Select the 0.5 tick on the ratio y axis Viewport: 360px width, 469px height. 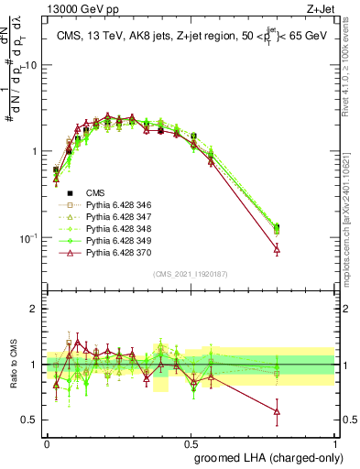tap(31, 420)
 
